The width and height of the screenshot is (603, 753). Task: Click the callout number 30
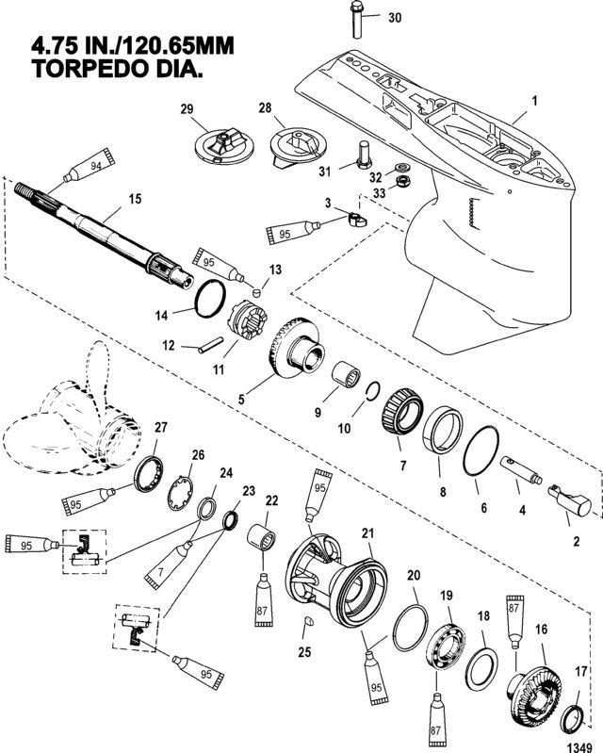395,18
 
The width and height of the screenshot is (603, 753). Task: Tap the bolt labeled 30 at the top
357,20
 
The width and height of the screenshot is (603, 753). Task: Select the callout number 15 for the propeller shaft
136,198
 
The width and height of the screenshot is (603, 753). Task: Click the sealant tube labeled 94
90,166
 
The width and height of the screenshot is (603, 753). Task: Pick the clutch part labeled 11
246,320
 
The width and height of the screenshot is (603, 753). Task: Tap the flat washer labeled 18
481,667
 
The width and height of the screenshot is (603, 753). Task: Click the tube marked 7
168,564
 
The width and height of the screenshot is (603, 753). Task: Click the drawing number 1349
579,747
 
